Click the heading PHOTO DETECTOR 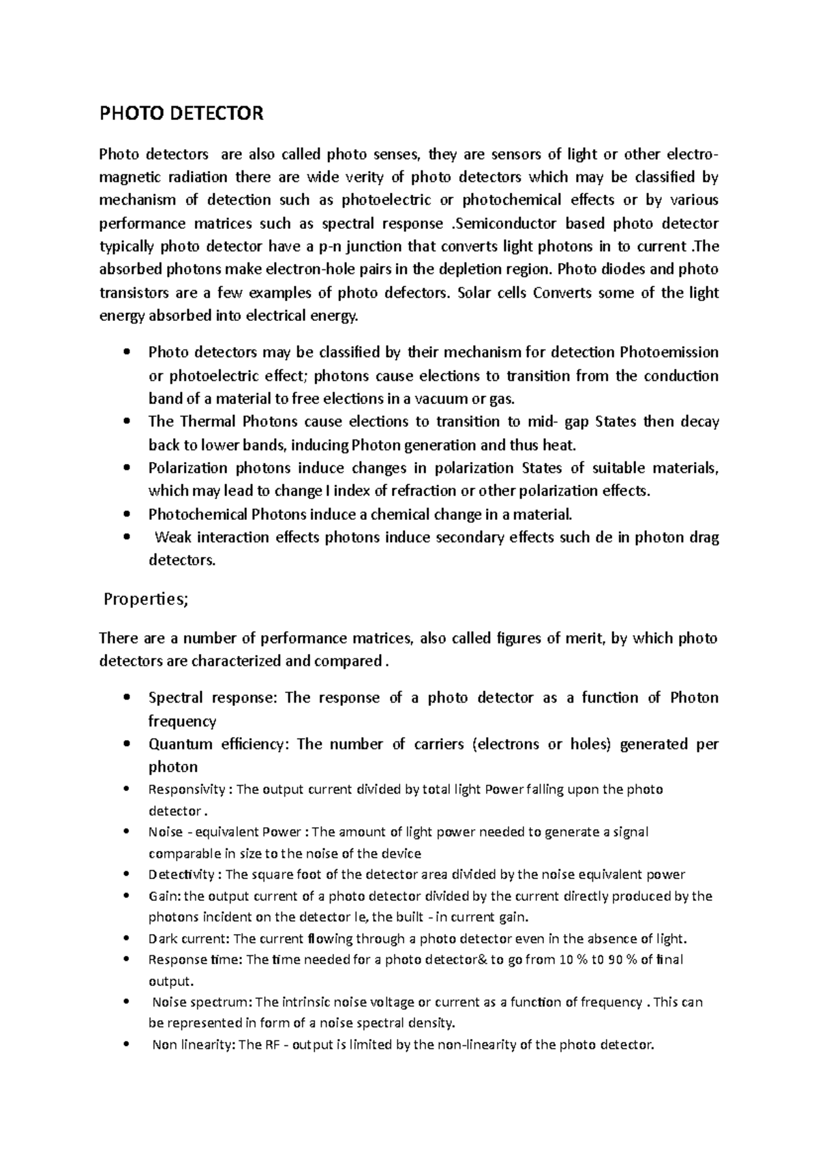[x=181, y=113]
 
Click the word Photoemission [x=669, y=352]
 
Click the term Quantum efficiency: [x=219, y=744]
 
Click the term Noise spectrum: [x=202, y=1002]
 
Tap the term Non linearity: [x=194, y=1045]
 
